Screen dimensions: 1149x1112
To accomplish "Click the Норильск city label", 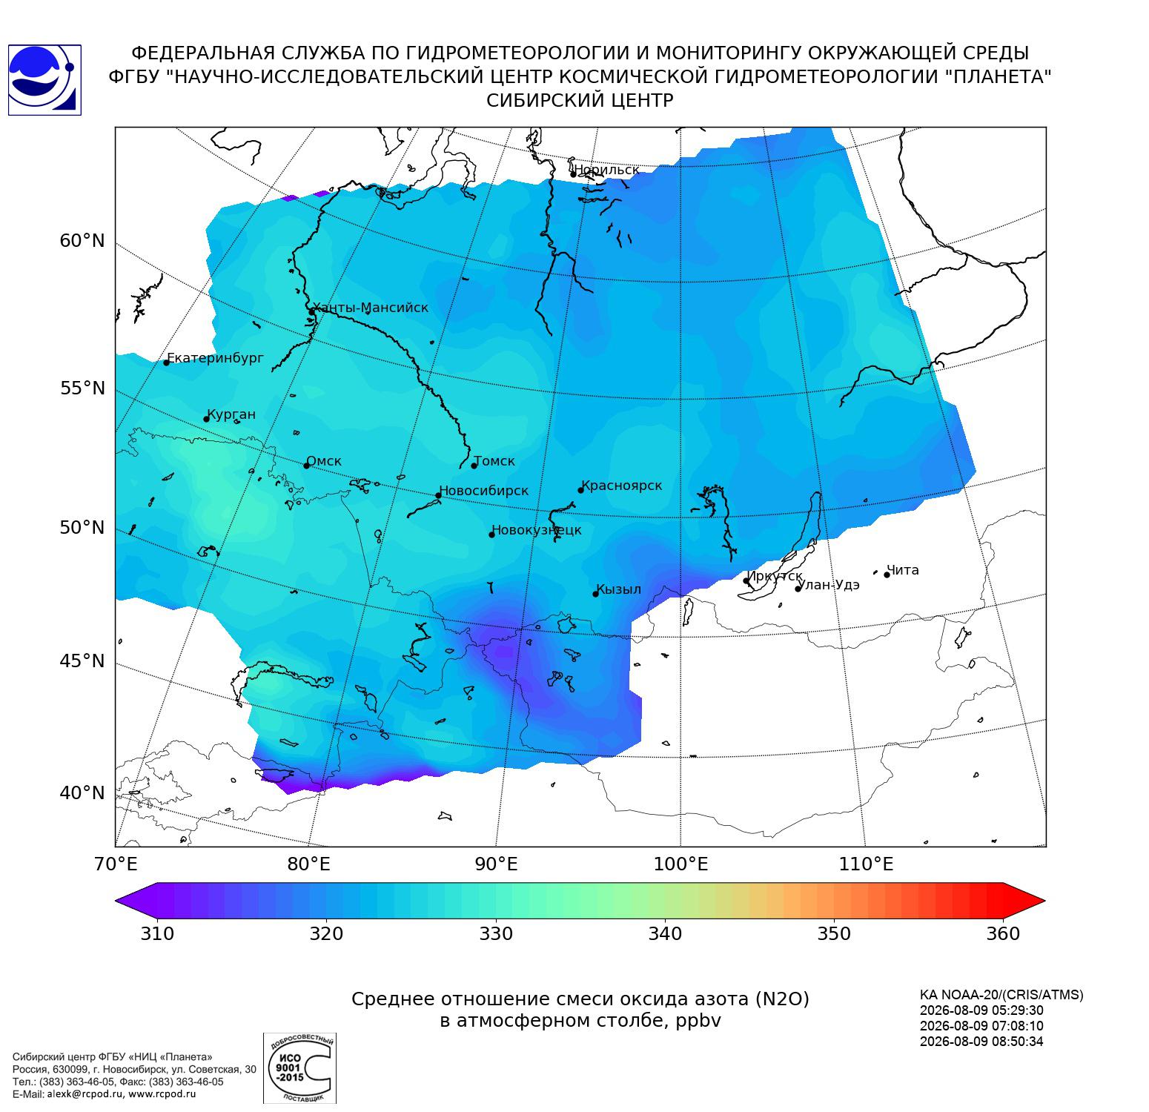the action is [606, 170].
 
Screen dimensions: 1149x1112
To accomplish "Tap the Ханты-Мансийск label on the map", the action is [370, 308].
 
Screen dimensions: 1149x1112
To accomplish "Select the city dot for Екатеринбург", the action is [167, 363].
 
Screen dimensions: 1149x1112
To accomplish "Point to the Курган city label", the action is [231, 414].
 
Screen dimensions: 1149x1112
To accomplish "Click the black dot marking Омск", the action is [306, 466].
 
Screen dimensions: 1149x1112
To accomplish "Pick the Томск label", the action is [494, 461].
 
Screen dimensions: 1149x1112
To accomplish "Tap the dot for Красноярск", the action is [581, 490].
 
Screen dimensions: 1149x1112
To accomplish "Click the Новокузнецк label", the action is [537, 531].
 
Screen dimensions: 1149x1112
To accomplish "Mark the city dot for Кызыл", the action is [595, 594].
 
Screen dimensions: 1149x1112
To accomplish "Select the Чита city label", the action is [903, 570].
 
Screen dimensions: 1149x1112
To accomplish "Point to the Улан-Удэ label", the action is [829, 585].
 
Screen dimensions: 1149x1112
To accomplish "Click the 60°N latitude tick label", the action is [82, 241].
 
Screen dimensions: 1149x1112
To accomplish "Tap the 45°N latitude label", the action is [82, 661].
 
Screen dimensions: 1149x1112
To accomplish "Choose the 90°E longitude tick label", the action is [496, 864].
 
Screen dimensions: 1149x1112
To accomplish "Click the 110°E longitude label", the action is [866, 864].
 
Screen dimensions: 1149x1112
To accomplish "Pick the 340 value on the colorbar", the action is [665, 933].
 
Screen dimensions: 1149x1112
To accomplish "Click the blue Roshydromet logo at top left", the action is [44, 80].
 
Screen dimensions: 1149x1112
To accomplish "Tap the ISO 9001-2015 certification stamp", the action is [299, 1068].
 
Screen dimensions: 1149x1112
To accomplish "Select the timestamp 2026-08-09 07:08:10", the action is [981, 1026].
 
